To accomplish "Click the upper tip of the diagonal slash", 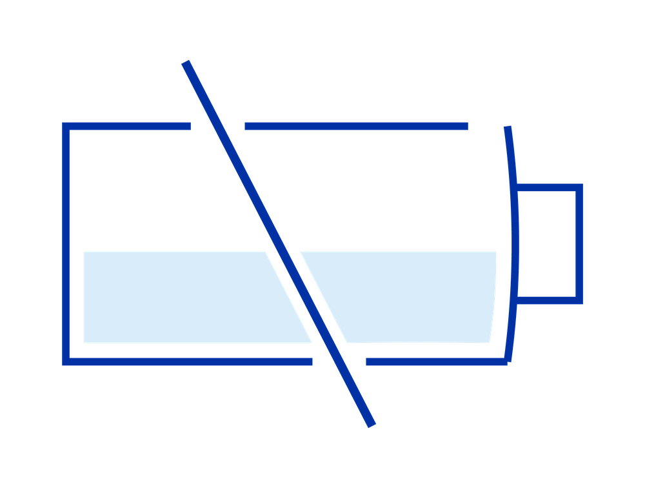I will pyautogui.click(x=186, y=63).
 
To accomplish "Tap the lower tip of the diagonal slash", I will pyautogui.click(x=371, y=423).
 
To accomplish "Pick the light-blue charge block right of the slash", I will pyautogui.click(x=413, y=297).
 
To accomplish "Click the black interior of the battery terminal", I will pyautogui.click(x=547, y=244).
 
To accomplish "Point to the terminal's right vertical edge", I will pyautogui.click(x=579, y=244).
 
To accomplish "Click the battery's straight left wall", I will pyautogui.click(x=65, y=244).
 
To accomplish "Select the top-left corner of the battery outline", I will pyautogui.click(x=65, y=126).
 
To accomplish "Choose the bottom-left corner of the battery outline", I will pyautogui.click(x=65, y=361).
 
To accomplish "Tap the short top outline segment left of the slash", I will pyautogui.click(x=129, y=126).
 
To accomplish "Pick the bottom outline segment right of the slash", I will pyautogui.click(x=435, y=361).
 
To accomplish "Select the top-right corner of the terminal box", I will pyautogui.click(x=579, y=187).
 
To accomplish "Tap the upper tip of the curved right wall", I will pyautogui.click(x=508, y=127).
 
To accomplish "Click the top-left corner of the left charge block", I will pyautogui.click(x=84, y=252).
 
